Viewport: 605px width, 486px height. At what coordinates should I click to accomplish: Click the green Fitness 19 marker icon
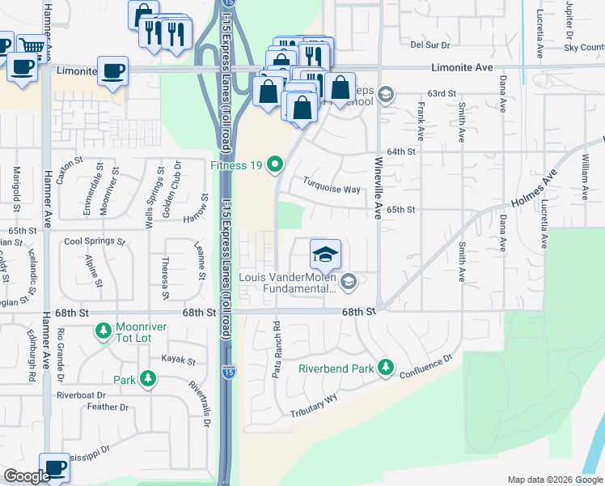(x=275, y=165)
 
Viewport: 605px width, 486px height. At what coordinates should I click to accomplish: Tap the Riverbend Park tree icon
(x=386, y=369)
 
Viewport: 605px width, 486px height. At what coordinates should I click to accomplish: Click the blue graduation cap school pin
(x=324, y=255)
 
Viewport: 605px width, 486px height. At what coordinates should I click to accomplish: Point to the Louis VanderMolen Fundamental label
(x=287, y=283)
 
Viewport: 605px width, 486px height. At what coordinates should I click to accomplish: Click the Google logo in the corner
(x=27, y=476)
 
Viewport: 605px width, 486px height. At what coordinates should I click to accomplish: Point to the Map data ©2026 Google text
(x=554, y=480)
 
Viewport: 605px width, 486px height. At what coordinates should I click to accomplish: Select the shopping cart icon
(x=31, y=45)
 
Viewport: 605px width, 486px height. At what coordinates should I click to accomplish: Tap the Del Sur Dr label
(x=429, y=45)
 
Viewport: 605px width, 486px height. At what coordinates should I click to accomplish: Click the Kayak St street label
(x=179, y=359)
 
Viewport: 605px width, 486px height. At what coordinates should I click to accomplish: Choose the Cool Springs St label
(x=95, y=241)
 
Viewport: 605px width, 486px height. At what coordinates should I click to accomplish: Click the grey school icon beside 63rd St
(x=386, y=95)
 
